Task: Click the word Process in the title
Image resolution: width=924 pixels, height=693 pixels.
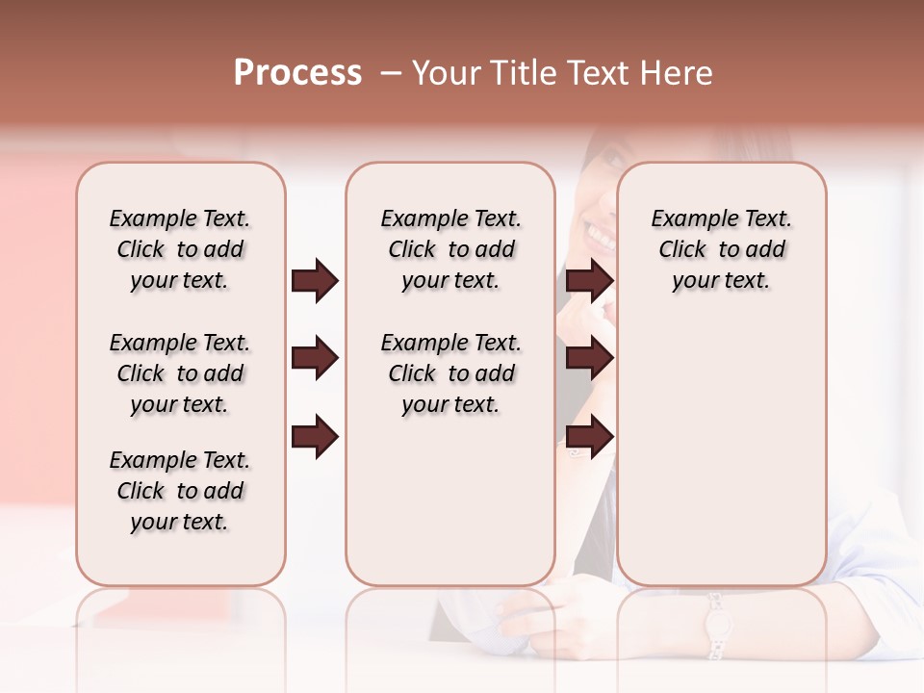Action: point(297,73)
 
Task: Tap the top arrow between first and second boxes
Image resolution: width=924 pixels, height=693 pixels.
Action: point(315,281)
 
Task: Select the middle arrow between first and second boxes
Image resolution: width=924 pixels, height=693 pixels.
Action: point(315,359)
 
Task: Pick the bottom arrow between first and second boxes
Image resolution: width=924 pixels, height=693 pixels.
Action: point(315,437)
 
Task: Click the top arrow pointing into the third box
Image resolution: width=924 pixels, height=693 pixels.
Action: point(590,281)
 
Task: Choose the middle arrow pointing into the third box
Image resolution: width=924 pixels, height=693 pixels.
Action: point(590,359)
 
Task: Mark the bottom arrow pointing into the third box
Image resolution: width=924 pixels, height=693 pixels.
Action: point(590,437)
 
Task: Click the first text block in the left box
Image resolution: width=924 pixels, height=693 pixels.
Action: point(180,249)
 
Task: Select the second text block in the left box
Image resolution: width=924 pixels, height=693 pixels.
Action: point(180,373)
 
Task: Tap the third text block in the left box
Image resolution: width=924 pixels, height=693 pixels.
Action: point(180,491)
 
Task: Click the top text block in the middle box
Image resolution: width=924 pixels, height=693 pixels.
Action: point(450,249)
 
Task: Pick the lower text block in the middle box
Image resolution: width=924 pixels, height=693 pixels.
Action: point(450,373)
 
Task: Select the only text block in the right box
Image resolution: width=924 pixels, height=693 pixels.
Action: point(721,249)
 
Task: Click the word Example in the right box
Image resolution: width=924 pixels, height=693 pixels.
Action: point(688,218)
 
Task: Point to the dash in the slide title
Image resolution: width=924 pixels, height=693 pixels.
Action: point(391,73)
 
